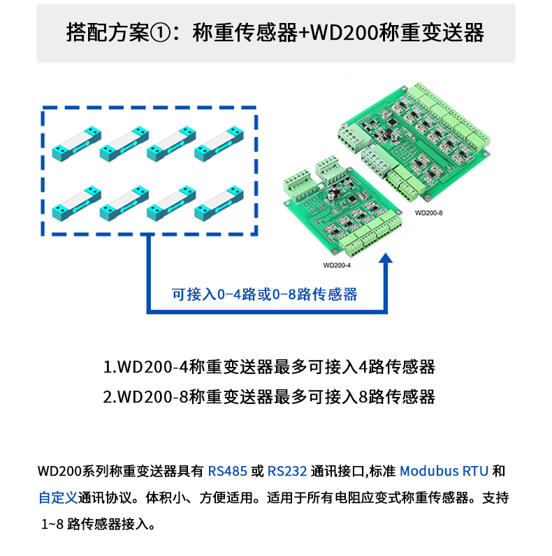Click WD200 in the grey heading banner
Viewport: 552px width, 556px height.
[x=344, y=33]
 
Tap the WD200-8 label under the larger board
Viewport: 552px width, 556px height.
[x=428, y=213]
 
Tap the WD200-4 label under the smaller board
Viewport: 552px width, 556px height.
[x=337, y=265]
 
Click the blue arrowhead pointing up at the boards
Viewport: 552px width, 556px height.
[x=386, y=258]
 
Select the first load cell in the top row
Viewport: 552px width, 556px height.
[x=76, y=144]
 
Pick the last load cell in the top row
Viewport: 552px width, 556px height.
[x=219, y=144]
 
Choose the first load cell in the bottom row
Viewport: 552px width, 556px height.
[x=76, y=203]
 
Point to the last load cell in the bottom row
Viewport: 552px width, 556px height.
[x=219, y=203]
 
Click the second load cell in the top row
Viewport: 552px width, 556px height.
[x=124, y=144]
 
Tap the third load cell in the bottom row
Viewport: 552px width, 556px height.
[x=171, y=203]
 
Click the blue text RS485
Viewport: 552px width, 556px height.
[x=227, y=472]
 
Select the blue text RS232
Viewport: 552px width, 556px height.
[x=287, y=472]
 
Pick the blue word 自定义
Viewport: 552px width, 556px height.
[x=58, y=497]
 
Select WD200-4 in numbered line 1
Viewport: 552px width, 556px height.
[x=152, y=367]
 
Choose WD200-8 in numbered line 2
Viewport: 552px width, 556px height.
[x=152, y=397]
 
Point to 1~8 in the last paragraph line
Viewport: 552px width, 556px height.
[x=52, y=524]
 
